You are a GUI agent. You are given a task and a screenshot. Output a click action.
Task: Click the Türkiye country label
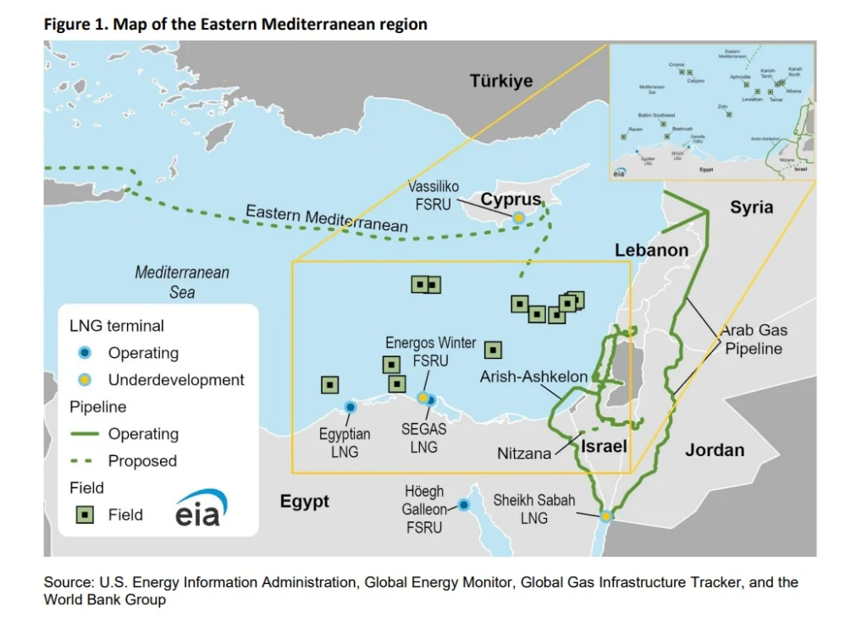tap(501, 81)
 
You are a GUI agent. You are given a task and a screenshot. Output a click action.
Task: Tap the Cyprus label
tap(511, 200)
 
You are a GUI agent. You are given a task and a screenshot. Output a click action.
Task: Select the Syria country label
tap(752, 207)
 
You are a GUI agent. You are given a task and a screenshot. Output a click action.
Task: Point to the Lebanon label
tap(651, 251)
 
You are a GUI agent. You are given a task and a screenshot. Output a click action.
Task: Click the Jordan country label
tap(715, 450)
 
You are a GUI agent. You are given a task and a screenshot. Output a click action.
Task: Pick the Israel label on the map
tap(604, 446)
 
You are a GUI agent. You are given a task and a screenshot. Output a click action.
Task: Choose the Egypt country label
tap(305, 502)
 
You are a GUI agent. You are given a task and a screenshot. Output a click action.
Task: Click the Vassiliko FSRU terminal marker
tap(518, 218)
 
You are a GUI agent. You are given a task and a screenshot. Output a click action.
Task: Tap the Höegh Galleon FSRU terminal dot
tap(464, 505)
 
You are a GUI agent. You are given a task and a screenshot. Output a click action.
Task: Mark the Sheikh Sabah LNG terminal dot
tap(606, 515)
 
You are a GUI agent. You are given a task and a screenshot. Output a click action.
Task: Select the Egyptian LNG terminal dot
tap(350, 407)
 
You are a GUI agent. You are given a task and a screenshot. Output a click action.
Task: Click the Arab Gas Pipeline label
tap(752, 339)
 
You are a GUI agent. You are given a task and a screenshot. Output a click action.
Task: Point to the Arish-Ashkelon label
tap(533, 377)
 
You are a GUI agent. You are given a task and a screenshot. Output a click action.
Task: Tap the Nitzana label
tap(524, 454)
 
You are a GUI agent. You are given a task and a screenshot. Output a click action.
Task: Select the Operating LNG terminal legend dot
tap(85, 353)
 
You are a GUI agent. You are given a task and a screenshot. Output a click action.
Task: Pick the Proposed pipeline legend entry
tap(142, 461)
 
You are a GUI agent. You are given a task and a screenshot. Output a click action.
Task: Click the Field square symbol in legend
tap(85, 515)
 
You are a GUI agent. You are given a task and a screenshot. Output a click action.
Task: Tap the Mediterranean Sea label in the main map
tap(182, 283)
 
